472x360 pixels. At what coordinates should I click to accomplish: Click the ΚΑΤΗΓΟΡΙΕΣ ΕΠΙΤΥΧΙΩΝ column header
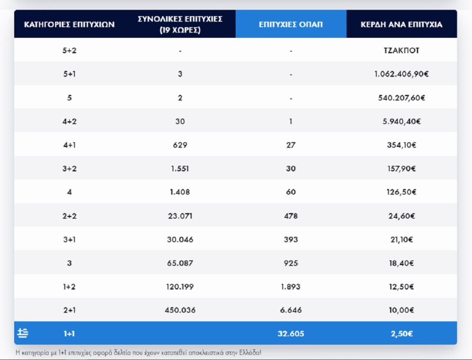[69, 24]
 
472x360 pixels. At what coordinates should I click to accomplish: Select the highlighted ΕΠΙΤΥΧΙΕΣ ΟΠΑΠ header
[291, 24]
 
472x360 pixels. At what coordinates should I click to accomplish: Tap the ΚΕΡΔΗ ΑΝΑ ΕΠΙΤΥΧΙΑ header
[401, 24]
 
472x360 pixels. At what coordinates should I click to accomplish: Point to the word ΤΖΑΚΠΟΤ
[401, 51]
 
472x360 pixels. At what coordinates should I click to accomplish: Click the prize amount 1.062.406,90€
[401, 75]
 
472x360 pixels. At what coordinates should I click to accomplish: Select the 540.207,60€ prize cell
[401, 98]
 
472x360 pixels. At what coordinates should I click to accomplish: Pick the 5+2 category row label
[69, 51]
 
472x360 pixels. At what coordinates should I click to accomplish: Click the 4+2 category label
[69, 122]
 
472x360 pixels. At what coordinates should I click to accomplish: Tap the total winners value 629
[179, 145]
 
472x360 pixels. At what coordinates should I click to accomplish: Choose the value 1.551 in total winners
[179, 169]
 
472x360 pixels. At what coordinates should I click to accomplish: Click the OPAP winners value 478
[291, 216]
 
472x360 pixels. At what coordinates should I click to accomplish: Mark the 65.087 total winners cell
[179, 263]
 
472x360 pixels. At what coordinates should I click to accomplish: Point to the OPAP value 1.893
[291, 287]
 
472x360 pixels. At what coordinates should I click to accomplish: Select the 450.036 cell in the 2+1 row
[179, 310]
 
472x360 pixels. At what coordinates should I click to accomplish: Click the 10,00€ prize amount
[401, 310]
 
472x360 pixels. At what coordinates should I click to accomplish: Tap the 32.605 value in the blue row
[291, 334]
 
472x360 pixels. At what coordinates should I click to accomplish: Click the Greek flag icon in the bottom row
[23, 333]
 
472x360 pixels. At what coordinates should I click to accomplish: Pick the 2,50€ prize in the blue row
[401, 334]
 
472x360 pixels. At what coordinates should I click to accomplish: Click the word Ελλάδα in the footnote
[248, 352]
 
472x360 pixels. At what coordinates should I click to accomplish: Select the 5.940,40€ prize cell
[401, 122]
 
